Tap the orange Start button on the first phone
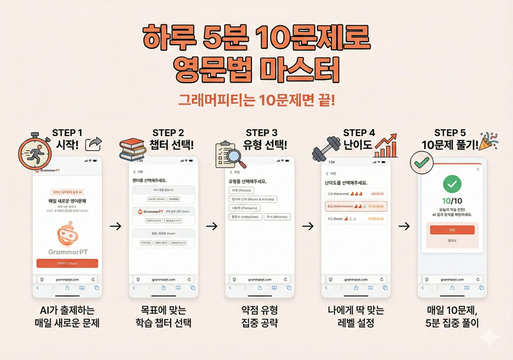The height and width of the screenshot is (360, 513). pyautogui.click(x=67, y=263)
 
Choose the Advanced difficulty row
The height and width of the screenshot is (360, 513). pyautogui.click(x=355, y=193)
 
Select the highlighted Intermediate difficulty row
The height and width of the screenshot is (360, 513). pyautogui.click(x=355, y=207)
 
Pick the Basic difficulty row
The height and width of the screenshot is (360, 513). pyautogui.click(x=355, y=219)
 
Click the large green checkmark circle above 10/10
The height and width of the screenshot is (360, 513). pyautogui.click(x=452, y=185)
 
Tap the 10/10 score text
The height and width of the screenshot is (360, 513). pyautogui.click(x=452, y=203)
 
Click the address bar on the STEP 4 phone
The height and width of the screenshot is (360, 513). pyautogui.click(x=355, y=279)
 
